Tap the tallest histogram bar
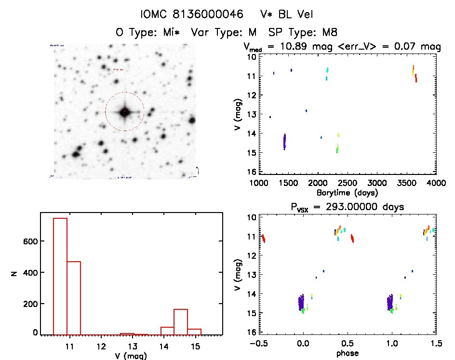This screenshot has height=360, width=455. (x=60, y=275)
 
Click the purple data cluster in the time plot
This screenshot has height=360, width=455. (x=284, y=142)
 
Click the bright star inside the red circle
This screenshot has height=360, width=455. (x=124, y=112)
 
